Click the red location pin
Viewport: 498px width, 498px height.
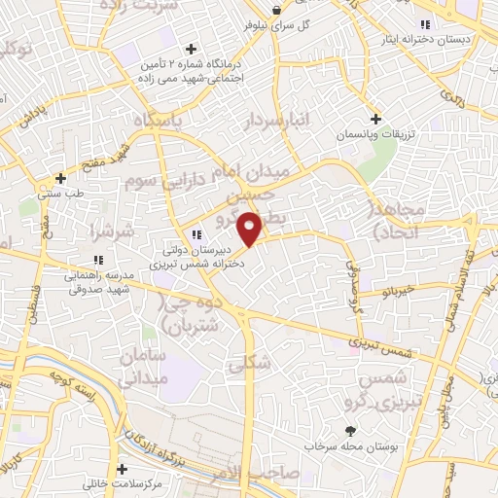pos(250,228)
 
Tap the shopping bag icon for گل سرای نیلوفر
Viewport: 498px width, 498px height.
pos(276,10)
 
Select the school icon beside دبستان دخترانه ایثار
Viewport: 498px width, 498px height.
pos(424,25)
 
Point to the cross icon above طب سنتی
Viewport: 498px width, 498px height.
pos(61,178)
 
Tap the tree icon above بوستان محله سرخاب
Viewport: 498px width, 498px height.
pos(350,430)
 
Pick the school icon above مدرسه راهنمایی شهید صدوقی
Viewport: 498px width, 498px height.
pos(97,260)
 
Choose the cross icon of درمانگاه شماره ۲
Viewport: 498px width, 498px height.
pos(191,48)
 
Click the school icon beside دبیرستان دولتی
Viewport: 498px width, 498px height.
pos(196,234)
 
